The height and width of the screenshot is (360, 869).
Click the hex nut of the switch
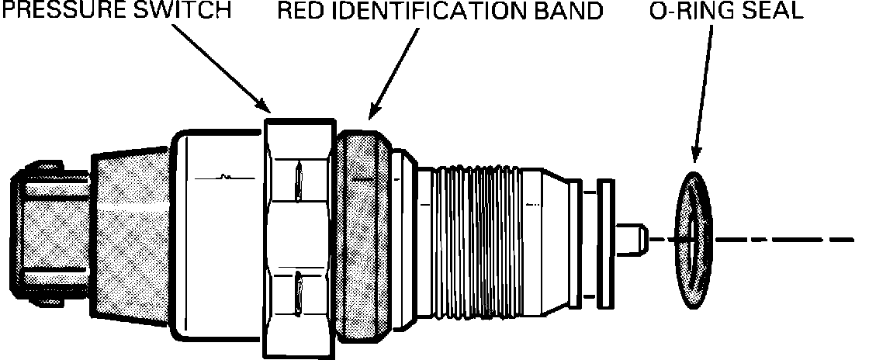click(x=299, y=233)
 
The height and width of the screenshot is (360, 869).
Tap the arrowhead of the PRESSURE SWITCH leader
click(x=265, y=107)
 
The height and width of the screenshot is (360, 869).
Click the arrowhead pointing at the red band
click(x=372, y=116)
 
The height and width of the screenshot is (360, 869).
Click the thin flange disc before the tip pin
click(x=604, y=239)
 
